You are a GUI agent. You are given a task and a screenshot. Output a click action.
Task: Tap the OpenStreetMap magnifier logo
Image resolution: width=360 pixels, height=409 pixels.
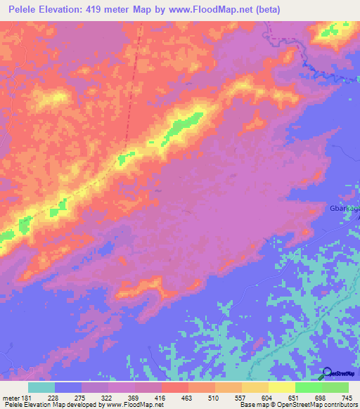(x=327, y=373)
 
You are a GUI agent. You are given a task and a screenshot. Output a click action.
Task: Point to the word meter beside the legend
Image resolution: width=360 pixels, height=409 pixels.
(x=11, y=398)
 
